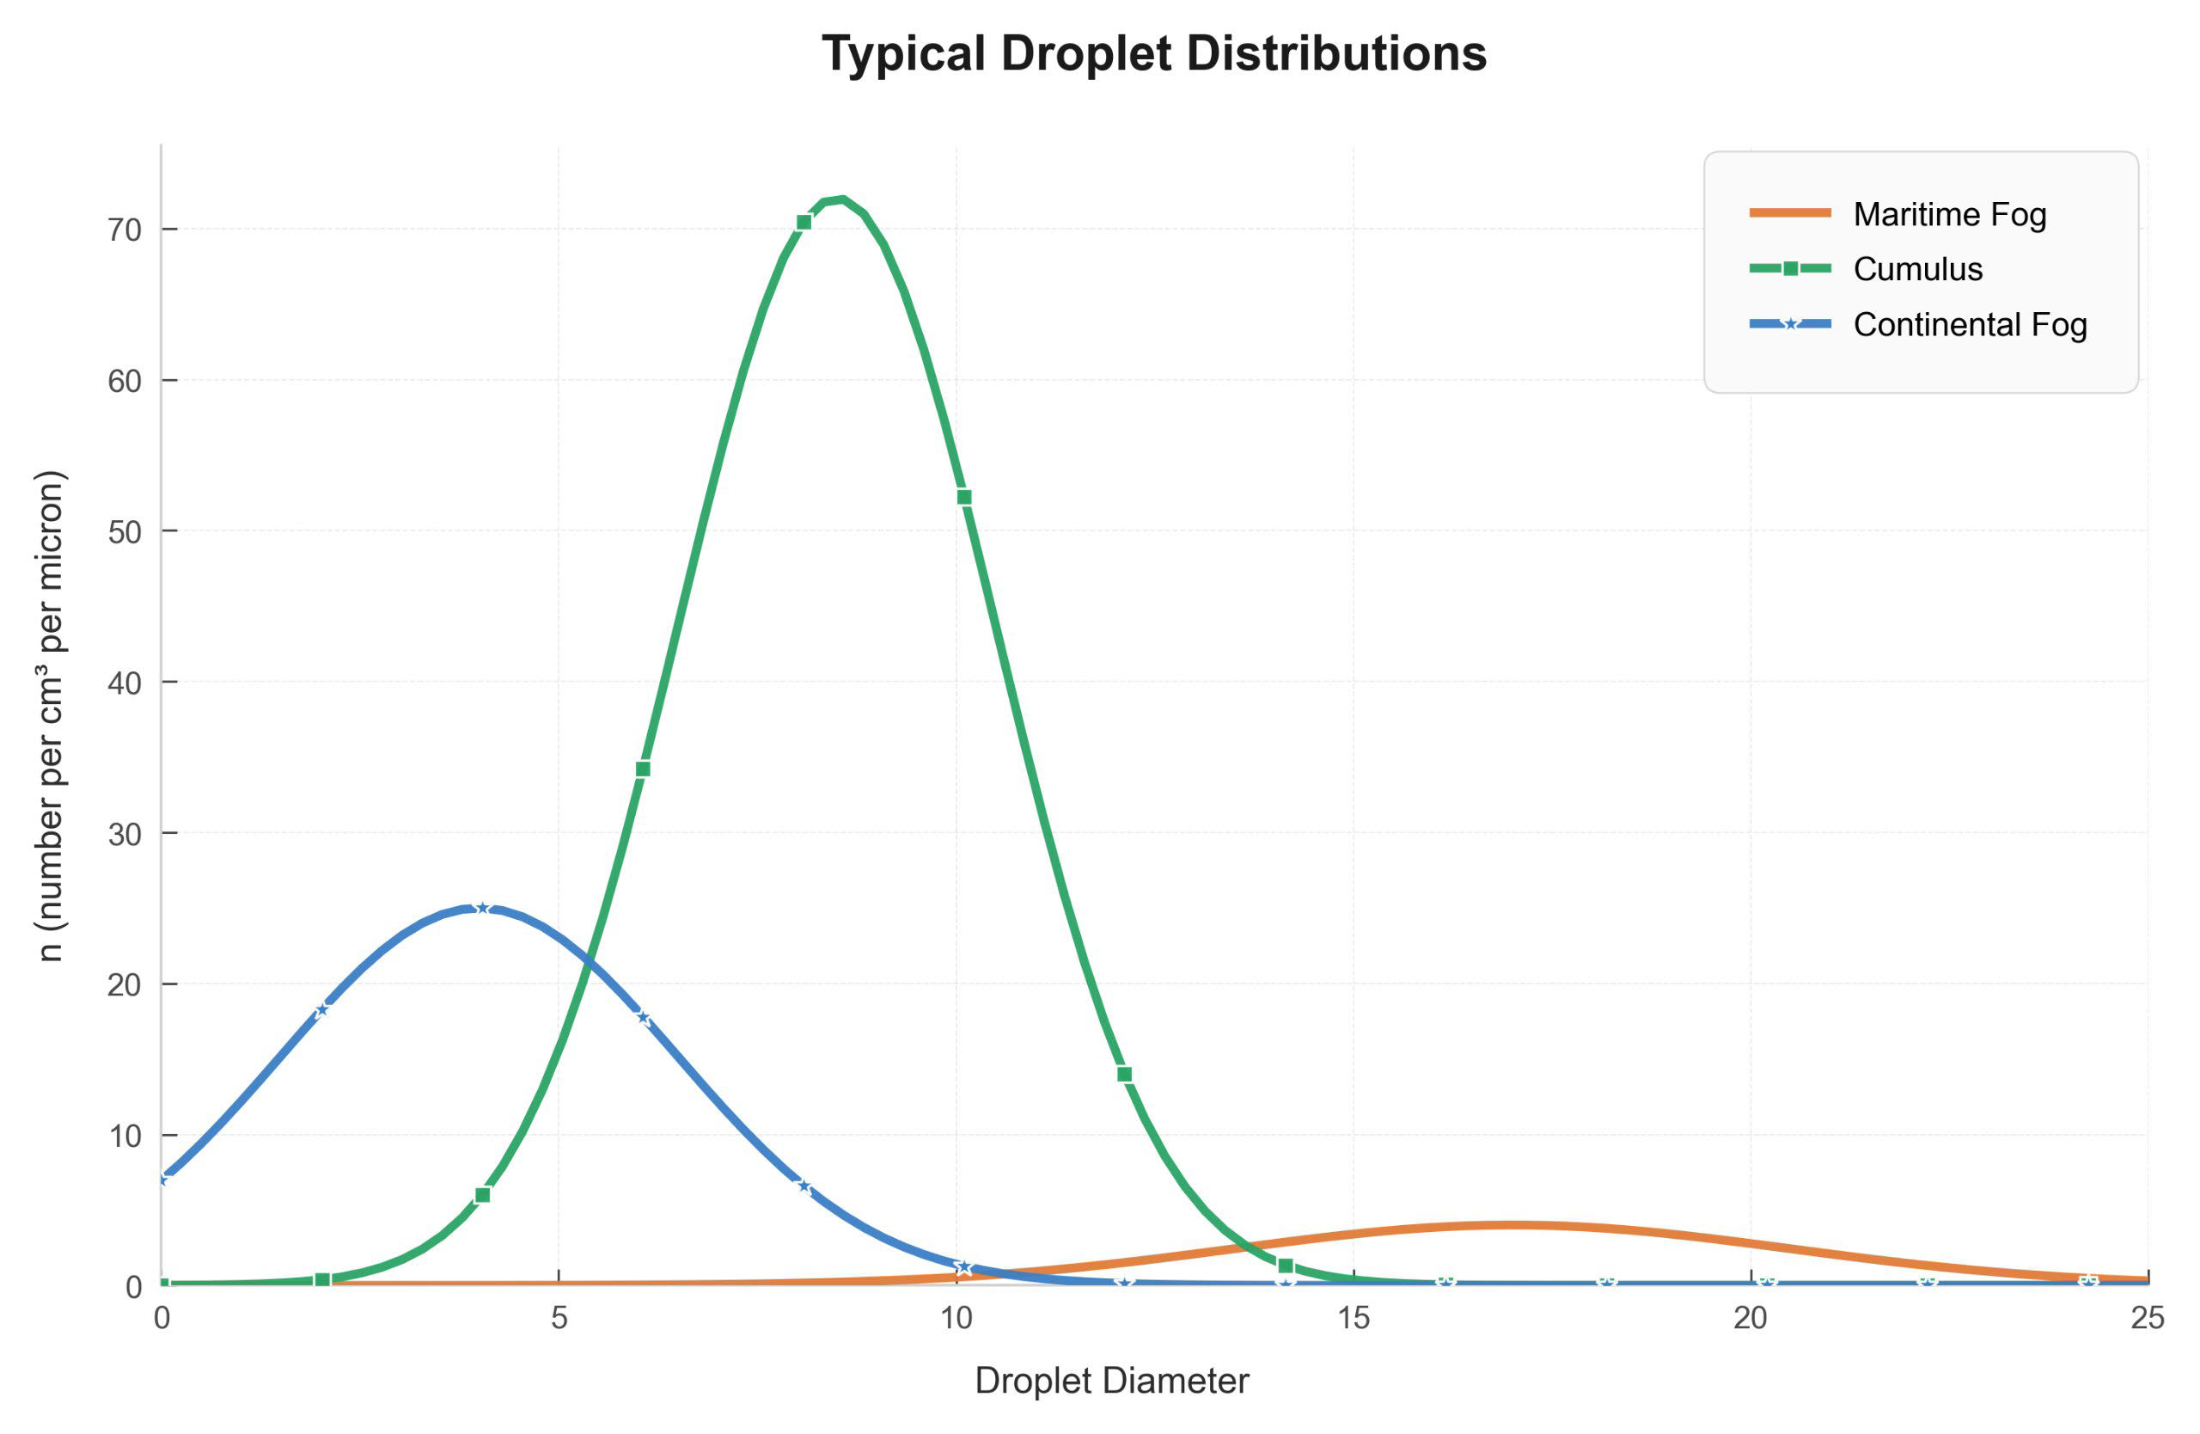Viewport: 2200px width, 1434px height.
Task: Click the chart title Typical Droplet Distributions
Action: point(1153,53)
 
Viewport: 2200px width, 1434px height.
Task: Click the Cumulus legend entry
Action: point(1917,269)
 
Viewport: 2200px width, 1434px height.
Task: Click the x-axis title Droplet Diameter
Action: point(1112,1381)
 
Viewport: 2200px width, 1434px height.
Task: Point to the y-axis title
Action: point(52,715)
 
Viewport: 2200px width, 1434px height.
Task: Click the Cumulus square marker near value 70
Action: point(804,222)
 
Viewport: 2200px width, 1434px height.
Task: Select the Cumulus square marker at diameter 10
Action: point(964,498)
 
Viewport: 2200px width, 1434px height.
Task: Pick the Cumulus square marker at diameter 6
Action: point(644,769)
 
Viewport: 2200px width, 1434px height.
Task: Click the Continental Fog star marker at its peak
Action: point(481,908)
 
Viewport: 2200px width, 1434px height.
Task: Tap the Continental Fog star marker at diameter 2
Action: point(321,1010)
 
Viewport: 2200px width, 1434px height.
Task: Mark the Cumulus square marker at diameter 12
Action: point(1124,1075)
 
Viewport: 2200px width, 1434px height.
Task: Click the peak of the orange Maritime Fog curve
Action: point(1512,1225)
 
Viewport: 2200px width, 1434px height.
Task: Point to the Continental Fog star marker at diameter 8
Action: point(804,1186)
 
